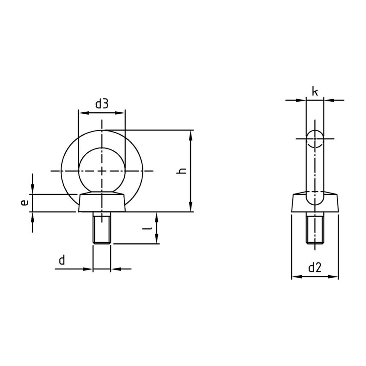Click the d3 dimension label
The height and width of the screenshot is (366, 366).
(x=102, y=104)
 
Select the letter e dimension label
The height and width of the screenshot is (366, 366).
(x=25, y=203)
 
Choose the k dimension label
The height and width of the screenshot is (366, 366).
(x=315, y=92)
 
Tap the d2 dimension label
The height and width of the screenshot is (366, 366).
(x=315, y=268)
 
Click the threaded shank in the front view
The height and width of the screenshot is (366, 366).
(x=102, y=228)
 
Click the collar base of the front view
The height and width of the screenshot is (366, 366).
(x=102, y=203)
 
